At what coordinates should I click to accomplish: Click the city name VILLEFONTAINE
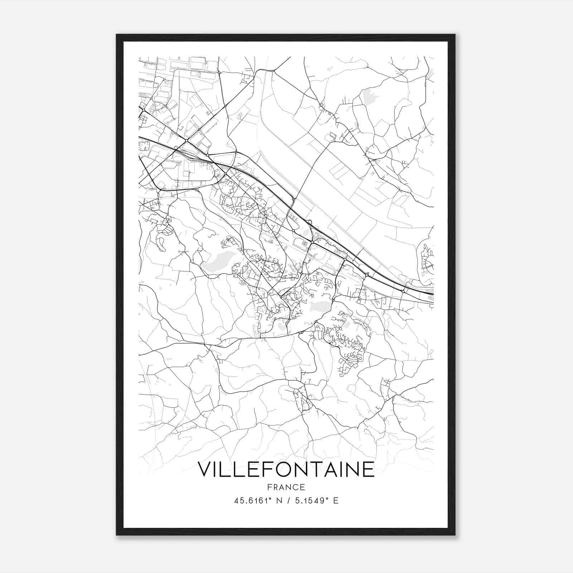(286, 470)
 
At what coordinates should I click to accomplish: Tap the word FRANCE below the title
(286, 487)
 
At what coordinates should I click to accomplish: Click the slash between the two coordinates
(288, 501)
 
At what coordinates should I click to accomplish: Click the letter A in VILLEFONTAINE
(333, 470)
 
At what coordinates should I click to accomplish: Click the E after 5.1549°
(336, 501)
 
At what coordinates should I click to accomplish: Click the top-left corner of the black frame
(117, 35)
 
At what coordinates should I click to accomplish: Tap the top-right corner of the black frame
(455, 35)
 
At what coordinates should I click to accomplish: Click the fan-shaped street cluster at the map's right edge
(427, 258)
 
